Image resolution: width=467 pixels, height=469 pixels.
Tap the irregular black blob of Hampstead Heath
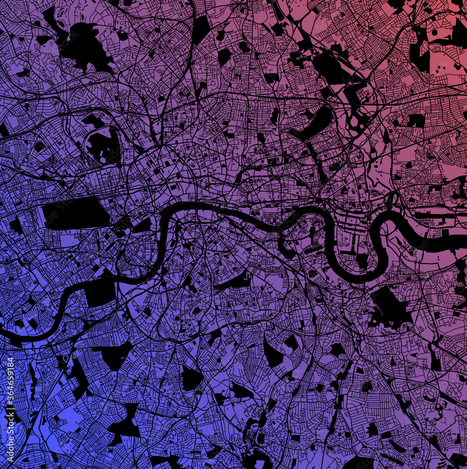(x=84, y=45)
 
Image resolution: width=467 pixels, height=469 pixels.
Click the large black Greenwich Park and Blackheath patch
(x=389, y=307)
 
